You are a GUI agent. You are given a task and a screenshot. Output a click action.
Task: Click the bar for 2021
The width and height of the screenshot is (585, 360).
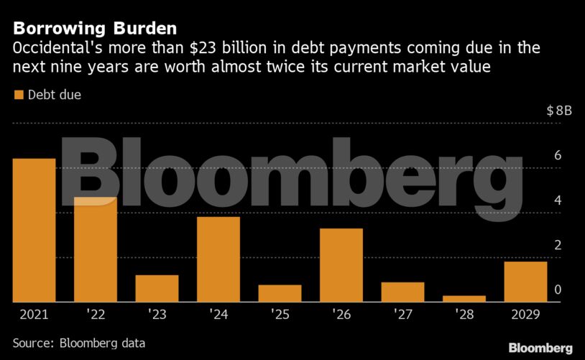click(34, 230)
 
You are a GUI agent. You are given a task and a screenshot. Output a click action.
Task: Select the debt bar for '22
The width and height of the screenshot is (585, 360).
click(96, 249)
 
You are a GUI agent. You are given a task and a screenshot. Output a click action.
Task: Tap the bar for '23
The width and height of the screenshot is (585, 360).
click(157, 288)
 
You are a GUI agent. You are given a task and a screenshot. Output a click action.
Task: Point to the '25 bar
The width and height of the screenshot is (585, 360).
click(280, 293)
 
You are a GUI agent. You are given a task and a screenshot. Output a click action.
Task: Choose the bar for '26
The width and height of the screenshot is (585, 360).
click(341, 265)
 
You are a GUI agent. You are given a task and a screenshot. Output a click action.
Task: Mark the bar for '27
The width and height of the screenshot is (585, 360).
click(402, 292)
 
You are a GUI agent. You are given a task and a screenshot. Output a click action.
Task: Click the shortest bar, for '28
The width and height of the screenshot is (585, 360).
click(464, 298)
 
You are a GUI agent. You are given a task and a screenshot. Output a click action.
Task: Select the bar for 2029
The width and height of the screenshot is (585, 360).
click(525, 282)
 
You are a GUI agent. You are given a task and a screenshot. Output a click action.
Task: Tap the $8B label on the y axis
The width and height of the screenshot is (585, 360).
click(558, 111)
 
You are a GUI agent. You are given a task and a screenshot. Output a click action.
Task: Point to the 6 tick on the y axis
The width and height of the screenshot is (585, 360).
click(557, 156)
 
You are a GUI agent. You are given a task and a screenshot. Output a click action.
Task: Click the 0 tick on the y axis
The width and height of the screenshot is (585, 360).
click(557, 290)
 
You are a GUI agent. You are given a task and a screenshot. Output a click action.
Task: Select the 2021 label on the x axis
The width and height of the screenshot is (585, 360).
click(34, 315)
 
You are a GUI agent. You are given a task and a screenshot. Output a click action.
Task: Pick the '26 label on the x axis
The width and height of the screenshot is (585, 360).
click(341, 315)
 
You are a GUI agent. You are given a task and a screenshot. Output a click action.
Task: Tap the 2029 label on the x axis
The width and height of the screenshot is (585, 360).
click(525, 315)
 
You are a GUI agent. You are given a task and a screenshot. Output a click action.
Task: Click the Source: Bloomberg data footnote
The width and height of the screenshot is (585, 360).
click(79, 343)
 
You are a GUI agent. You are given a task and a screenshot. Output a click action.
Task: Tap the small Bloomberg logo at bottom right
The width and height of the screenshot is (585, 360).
click(540, 348)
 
